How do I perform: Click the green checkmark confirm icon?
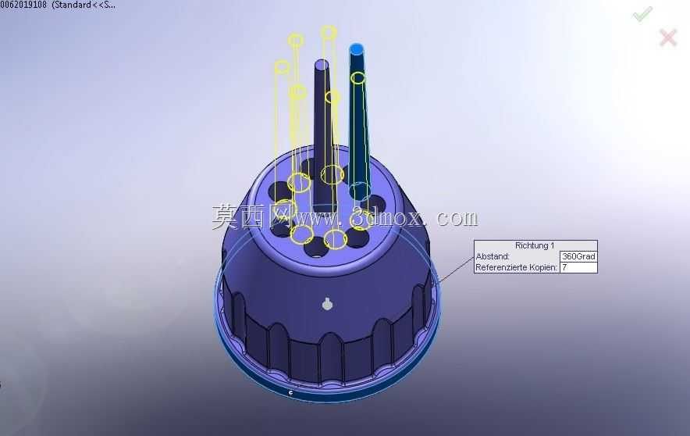(x=642, y=14)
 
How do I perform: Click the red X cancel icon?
(x=668, y=38)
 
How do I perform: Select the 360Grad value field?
(x=578, y=256)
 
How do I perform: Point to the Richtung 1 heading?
(x=535, y=246)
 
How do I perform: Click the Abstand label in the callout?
(x=493, y=256)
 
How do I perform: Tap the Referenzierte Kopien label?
(x=516, y=267)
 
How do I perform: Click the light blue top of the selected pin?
(x=357, y=48)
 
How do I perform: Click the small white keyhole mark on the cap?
(x=327, y=304)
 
